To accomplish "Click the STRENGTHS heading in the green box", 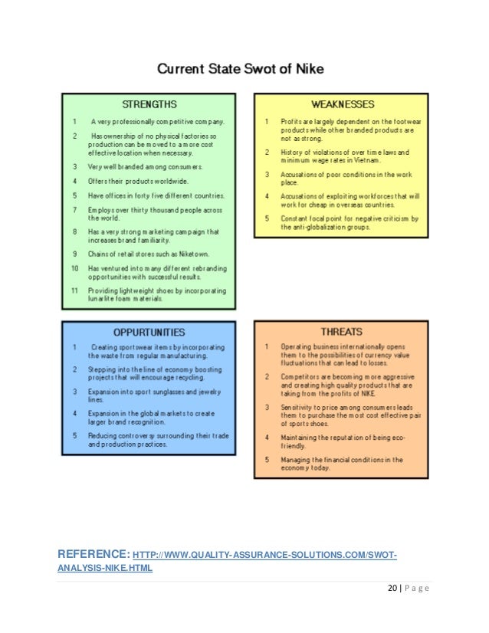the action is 149,103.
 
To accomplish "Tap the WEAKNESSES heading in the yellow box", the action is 342,103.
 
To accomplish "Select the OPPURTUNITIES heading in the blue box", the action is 149,333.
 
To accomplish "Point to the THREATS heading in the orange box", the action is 342,333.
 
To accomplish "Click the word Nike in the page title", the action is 307,69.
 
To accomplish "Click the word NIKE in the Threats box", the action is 369,391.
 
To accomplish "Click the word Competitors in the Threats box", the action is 300,376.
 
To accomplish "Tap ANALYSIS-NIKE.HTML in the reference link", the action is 106,568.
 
